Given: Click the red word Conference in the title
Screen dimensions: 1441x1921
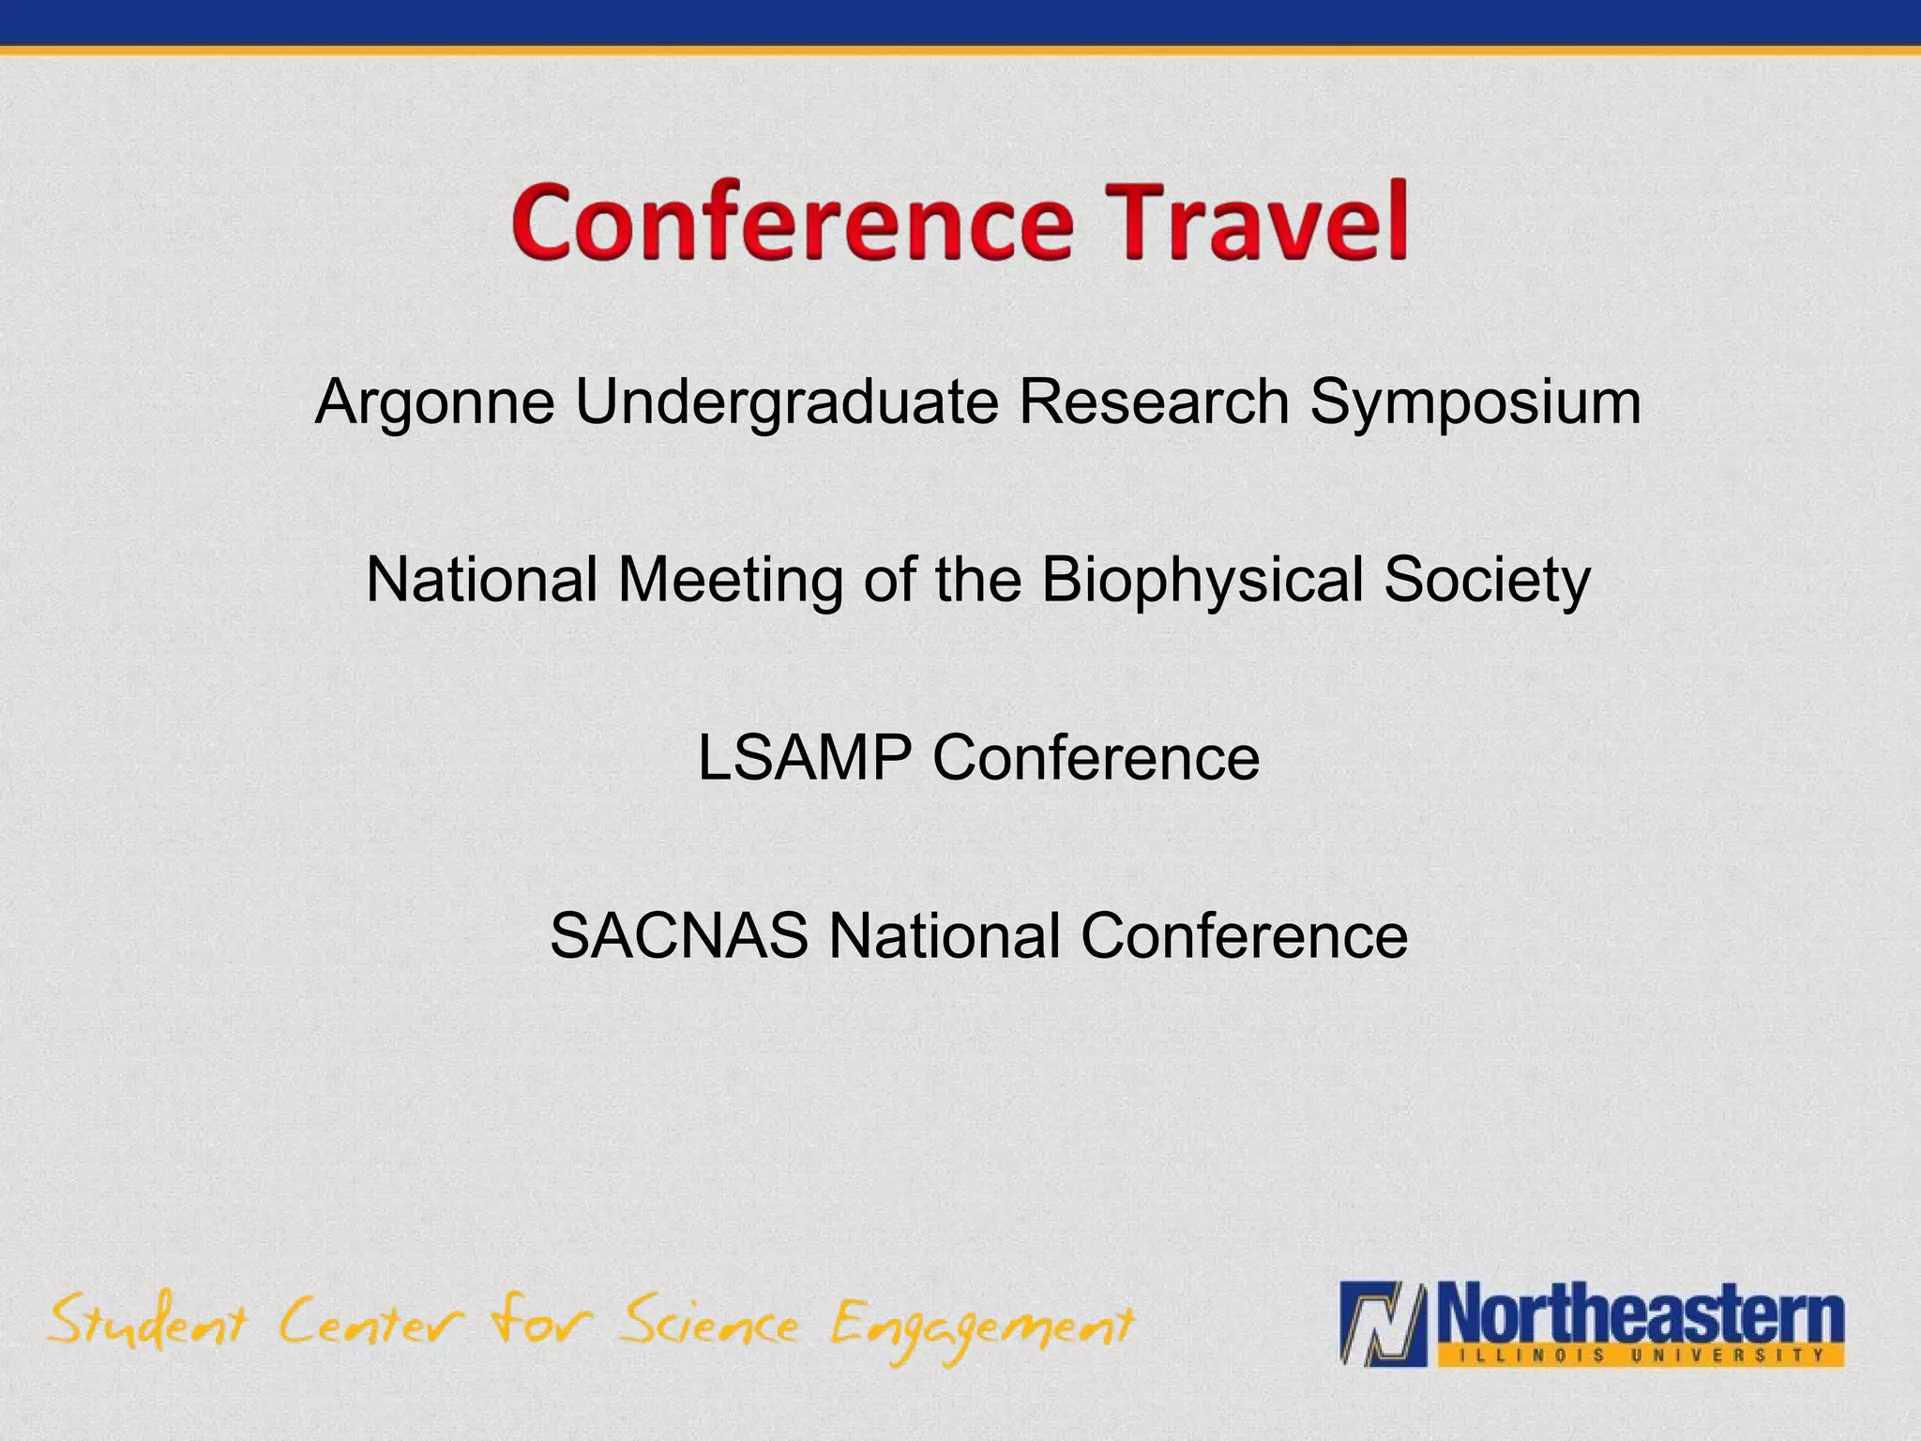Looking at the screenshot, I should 793,222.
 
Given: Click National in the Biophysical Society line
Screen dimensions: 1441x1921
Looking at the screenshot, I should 482,580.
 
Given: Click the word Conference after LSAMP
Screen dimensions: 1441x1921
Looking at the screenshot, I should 1096,757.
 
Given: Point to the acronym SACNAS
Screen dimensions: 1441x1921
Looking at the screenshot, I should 678,935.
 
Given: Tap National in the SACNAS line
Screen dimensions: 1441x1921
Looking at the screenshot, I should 944,935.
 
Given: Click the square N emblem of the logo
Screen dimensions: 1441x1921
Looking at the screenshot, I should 1384,1324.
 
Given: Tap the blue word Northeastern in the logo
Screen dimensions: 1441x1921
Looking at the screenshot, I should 1641,1315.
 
